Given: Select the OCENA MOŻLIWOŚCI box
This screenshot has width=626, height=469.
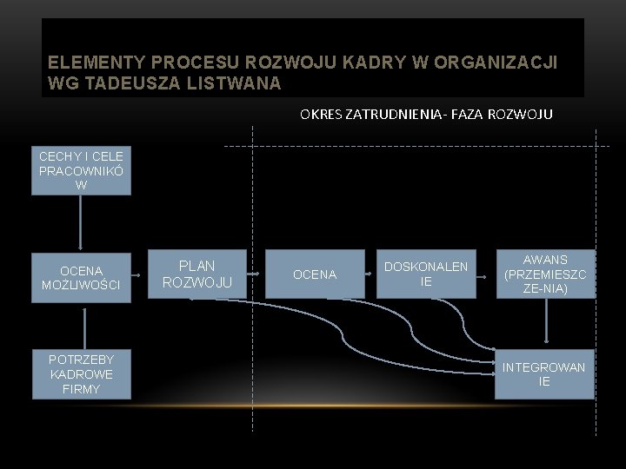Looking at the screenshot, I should pyautogui.click(x=81, y=278).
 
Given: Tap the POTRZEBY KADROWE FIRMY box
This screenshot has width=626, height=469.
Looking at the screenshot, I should pyautogui.click(x=81, y=374).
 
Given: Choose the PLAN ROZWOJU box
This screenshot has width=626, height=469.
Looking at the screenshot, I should pyautogui.click(x=197, y=274).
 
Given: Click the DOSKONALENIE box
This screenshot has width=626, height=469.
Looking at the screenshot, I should pyautogui.click(x=426, y=274).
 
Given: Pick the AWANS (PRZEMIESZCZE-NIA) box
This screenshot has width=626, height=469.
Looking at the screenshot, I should pyautogui.click(x=546, y=274).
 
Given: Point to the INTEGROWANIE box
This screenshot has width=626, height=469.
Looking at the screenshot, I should pyautogui.click(x=544, y=374).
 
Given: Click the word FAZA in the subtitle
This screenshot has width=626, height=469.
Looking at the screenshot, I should pyautogui.click(x=463, y=114).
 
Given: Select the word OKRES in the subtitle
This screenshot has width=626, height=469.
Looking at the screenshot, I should pyautogui.click(x=322, y=114).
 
